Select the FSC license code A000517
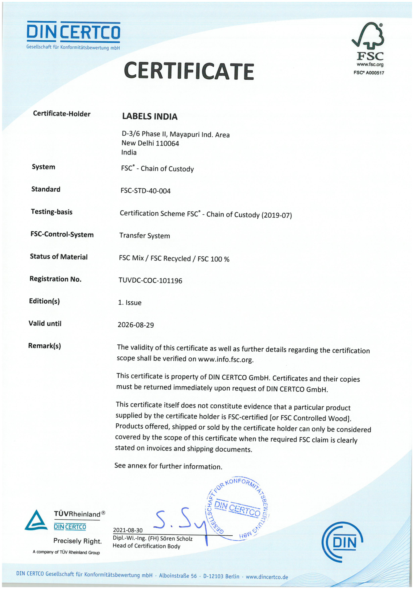pos(375,73)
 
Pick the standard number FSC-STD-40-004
pos(145,191)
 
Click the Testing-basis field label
pos(52,212)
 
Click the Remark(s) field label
pos(45,346)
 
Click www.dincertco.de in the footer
pos(267,577)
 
